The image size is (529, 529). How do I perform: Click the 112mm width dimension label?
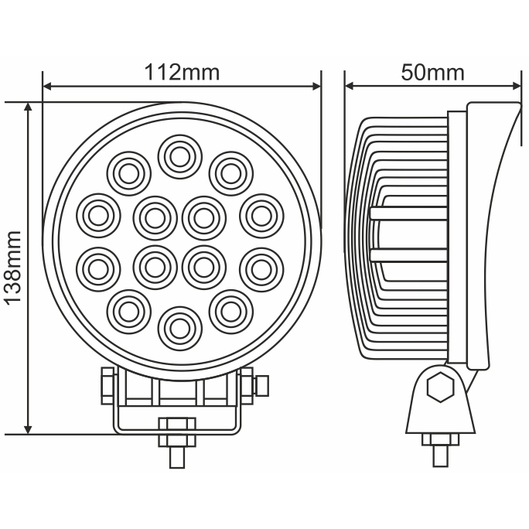click(x=182, y=73)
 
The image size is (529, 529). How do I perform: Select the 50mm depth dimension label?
click(x=433, y=73)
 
